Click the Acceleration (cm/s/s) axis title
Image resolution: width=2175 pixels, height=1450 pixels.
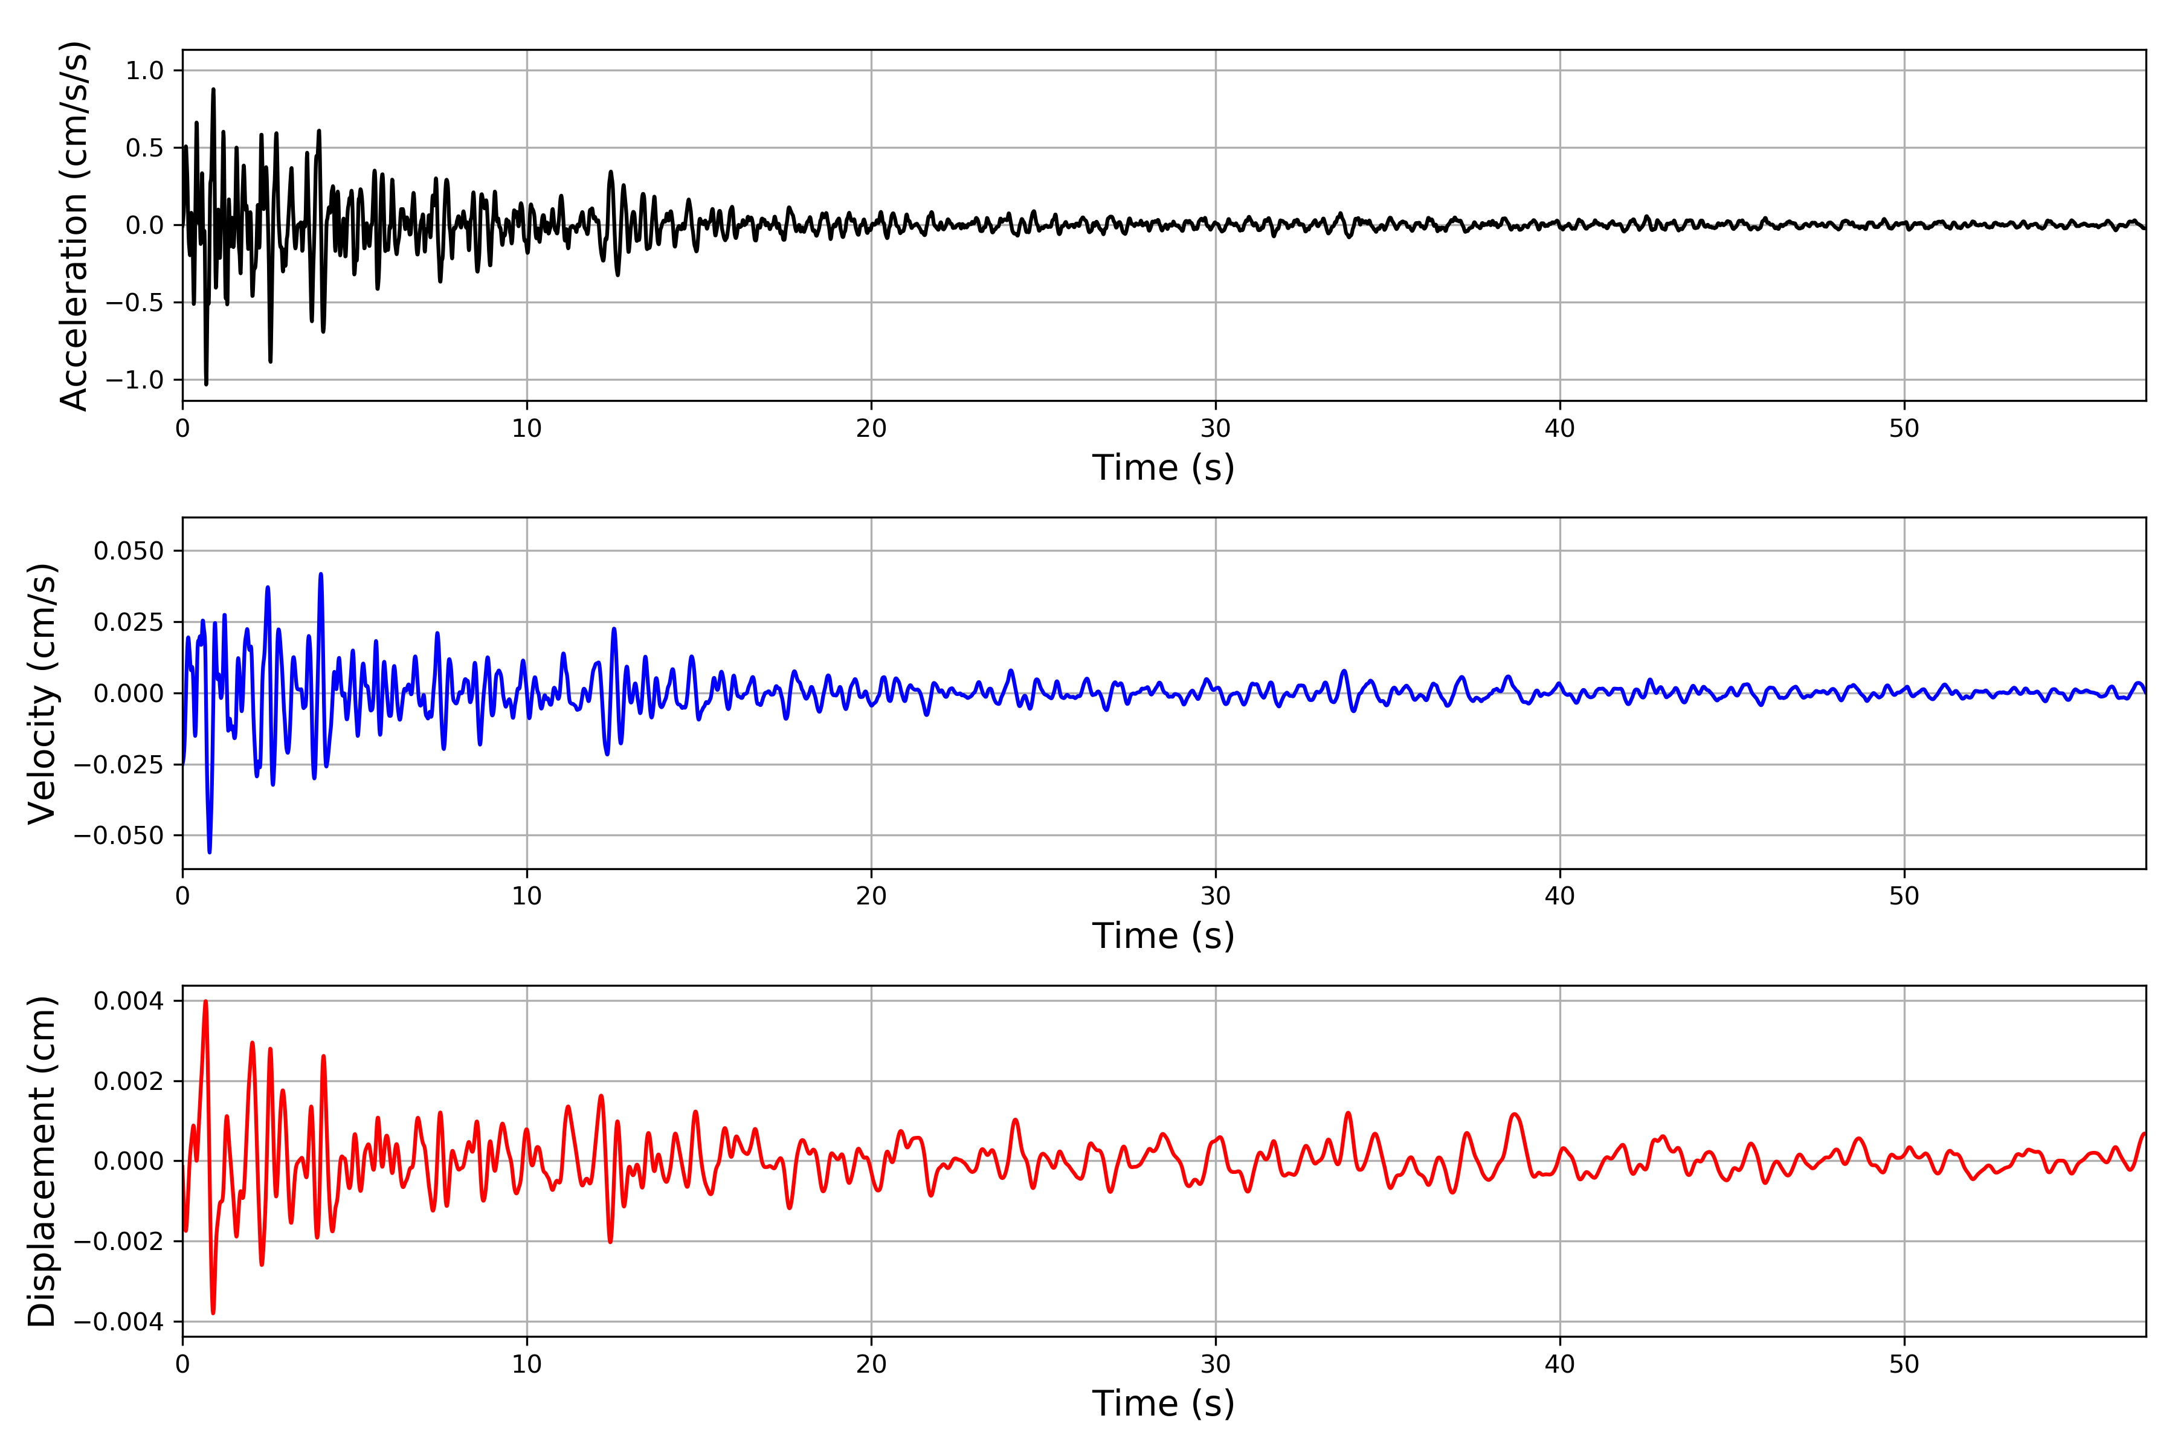pyautogui.click(x=74, y=225)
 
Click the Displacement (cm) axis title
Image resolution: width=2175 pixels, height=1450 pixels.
pyautogui.click(x=42, y=1161)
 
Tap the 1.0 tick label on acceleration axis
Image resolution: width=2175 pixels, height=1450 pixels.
pyautogui.click(x=144, y=71)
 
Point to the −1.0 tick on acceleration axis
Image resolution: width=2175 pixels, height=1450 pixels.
pyautogui.click(x=134, y=380)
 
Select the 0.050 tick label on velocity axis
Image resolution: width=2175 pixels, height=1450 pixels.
pyautogui.click(x=129, y=551)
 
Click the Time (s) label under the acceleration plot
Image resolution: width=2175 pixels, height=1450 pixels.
pyautogui.click(x=1162, y=468)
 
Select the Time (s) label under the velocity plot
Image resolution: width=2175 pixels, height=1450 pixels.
pyautogui.click(x=1162, y=936)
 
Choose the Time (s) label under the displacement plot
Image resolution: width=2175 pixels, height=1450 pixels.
pyautogui.click(x=1162, y=1403)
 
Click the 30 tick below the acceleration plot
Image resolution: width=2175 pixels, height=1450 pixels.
pyautogui.click(x=1215, y=429)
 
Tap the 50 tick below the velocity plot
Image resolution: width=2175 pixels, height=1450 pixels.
pyautogui.click(x=1903, y=896)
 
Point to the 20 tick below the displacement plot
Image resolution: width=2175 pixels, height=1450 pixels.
pyautogui.click(x=871, y=1364)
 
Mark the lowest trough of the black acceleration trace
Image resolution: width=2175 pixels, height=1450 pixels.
pyautogui.click(x=205, y=384)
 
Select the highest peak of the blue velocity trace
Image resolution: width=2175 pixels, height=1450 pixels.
pyautogui.click(x=321, y=575)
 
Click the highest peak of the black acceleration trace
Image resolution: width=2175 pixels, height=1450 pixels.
pyautogui.click(x=214, y=89)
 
